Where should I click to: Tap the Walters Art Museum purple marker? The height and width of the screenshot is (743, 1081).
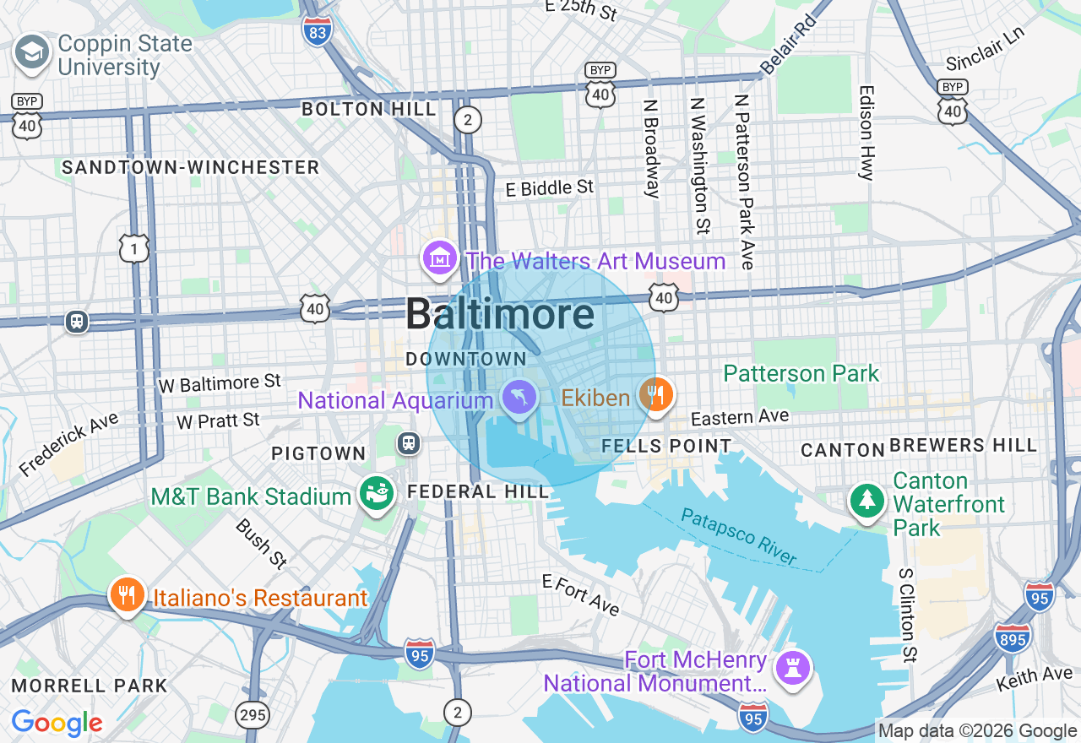point(440,259)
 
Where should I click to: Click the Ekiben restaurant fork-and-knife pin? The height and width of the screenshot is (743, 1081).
point(655,394)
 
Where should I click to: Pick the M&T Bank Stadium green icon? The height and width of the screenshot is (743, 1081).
point(377,494)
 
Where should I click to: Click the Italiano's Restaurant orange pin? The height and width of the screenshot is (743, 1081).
point(127,596)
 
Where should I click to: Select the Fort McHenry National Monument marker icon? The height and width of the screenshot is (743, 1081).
point(792,668)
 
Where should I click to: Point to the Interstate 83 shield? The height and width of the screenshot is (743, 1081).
point(317,31)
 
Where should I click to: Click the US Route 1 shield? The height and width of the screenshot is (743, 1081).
point(134,248)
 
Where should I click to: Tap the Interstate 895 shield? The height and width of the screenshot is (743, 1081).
point(1012,638)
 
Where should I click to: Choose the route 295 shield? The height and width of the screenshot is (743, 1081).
point(253,714)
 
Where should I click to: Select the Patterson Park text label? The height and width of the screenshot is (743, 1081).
point(801,373)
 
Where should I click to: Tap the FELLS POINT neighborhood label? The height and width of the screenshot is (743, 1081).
point(666,446)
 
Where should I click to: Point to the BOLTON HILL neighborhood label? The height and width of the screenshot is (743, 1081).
point(369,109)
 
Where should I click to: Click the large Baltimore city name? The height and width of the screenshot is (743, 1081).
point(499,314)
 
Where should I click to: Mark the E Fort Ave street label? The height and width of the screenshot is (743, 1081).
point(581,594)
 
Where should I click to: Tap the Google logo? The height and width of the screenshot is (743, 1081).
point(57,723)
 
